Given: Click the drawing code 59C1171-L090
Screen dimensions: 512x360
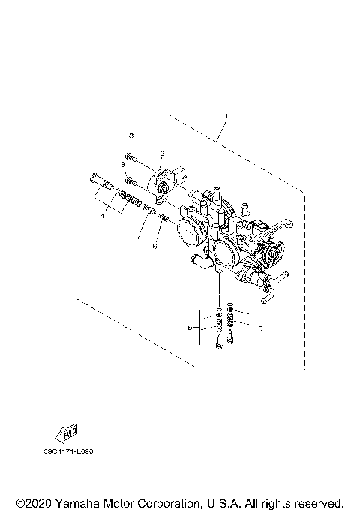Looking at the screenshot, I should pos(73,452).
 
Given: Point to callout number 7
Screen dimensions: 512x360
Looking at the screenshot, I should pos(138,235).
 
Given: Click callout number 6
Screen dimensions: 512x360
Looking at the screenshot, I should pos(154,244).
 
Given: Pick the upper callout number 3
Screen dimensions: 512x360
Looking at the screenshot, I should pos(130,135).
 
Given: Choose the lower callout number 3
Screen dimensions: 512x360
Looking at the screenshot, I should pos(121,164).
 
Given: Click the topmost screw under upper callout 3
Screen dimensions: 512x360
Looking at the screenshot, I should pos(132,157).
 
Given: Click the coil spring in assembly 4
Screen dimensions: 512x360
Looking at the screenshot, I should pos(131,202).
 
